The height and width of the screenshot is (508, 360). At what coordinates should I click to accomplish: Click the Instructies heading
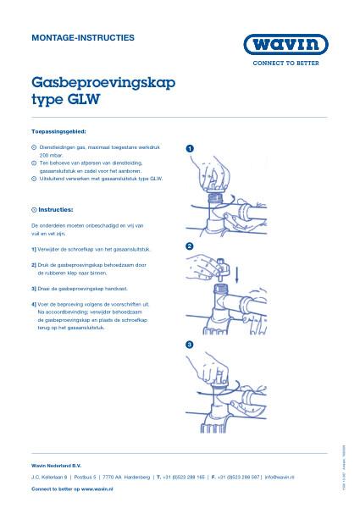coord(55,208)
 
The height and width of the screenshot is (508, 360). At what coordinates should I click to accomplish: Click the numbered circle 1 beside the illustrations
coord(189,149)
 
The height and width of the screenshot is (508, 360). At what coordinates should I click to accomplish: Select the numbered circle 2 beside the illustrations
coord(189,246)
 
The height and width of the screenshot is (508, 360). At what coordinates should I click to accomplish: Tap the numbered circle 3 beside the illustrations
coord(189,345)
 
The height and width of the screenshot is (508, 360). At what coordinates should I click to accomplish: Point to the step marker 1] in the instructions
coord(34,250)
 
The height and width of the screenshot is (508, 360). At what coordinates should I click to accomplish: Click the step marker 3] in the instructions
coord(34,288)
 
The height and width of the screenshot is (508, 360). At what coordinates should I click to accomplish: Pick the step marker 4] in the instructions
coord(34,303)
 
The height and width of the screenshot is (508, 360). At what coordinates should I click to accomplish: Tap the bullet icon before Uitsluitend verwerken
coord(33,179)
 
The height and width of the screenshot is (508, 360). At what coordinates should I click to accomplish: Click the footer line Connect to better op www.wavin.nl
coord(73,489)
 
